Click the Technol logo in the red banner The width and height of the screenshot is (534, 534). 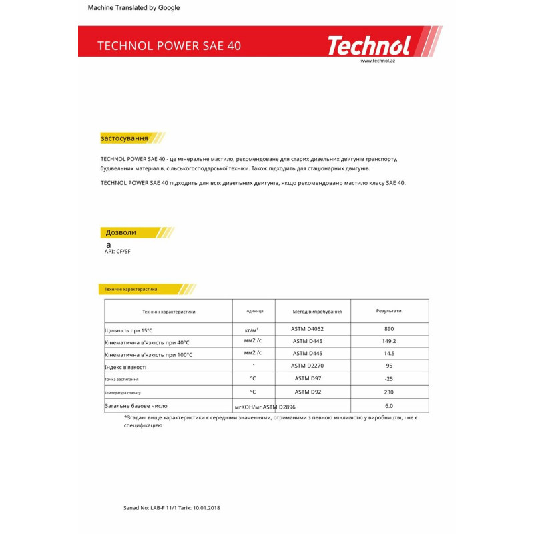368,45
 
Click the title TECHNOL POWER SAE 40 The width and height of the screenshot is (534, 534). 170,46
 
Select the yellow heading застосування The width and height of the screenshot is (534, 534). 124,138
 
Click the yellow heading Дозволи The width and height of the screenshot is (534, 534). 121,232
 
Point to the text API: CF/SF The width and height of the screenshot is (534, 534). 118,252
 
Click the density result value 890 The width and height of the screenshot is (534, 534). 389,329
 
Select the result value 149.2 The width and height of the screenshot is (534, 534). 389,341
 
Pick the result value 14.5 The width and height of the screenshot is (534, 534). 389,353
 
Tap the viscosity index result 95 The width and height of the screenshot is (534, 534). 389,366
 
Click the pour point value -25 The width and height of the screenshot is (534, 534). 389,378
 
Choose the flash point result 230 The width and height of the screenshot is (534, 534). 389,392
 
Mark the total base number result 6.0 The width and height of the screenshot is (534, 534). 389,405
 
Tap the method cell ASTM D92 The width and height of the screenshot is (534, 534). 308,392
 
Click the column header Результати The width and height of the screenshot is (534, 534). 389,311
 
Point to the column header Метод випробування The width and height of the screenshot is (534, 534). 317,312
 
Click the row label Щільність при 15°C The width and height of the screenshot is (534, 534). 129,330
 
